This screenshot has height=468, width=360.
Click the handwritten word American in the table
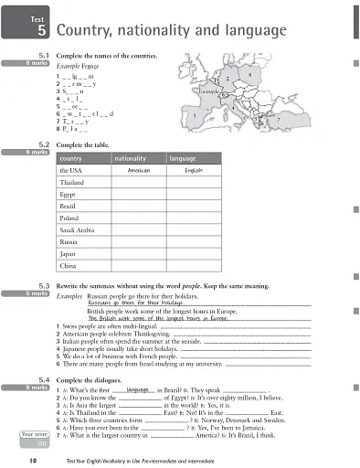coord(138,171)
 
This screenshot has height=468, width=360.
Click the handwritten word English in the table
coord(195,171)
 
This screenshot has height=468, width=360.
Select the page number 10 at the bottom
coord(33,463)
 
